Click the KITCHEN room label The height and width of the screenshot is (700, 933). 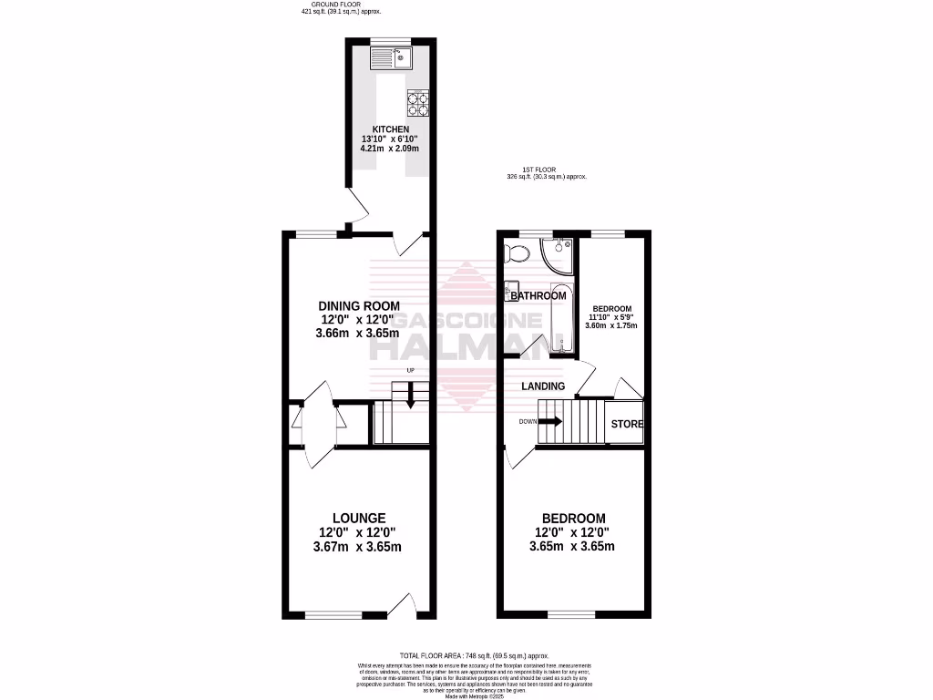coord(390,129)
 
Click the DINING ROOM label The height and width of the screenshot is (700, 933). coord(358,305)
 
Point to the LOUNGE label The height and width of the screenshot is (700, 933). coord(357,518)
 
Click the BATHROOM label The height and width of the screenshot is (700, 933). coord(538,295)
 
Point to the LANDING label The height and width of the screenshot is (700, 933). coord(543,386)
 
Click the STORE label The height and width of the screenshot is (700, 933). coord(627,424)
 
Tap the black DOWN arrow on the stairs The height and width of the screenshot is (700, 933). coord(550,422)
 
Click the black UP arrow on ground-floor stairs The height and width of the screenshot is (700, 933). coord(410,395)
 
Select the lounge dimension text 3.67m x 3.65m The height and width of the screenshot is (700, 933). coord(357,547)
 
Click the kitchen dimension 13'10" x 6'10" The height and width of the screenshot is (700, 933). coord(390,139)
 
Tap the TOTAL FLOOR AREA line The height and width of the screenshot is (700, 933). coord(473,655)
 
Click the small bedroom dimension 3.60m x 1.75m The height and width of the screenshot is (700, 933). coord(611,325)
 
